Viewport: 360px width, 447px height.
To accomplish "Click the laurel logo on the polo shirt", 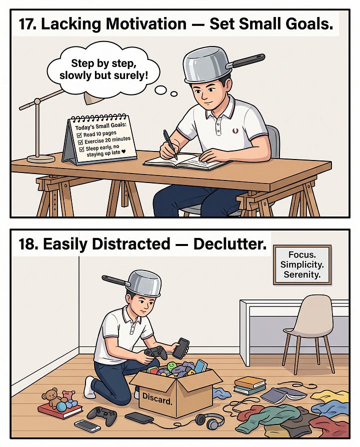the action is coord(235,131).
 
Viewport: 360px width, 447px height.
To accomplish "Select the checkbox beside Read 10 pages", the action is coord(79,135).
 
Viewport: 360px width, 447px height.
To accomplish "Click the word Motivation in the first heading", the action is coord(146,23).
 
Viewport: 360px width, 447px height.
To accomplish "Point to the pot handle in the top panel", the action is coord(245,60).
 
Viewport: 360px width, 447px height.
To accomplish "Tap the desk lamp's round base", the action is coord(41,158).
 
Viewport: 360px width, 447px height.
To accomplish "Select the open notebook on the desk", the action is coord(186,161).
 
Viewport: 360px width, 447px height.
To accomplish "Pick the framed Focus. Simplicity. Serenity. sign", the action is coord(302,264).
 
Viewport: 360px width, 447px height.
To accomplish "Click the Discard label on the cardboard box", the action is coord(157,398).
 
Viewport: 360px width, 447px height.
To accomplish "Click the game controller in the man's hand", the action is coord(155,353).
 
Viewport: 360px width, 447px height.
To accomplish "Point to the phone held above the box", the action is coord(180,348).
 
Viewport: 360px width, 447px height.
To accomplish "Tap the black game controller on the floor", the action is coord(102,416).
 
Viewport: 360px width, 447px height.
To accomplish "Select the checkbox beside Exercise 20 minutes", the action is coord(80,142).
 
